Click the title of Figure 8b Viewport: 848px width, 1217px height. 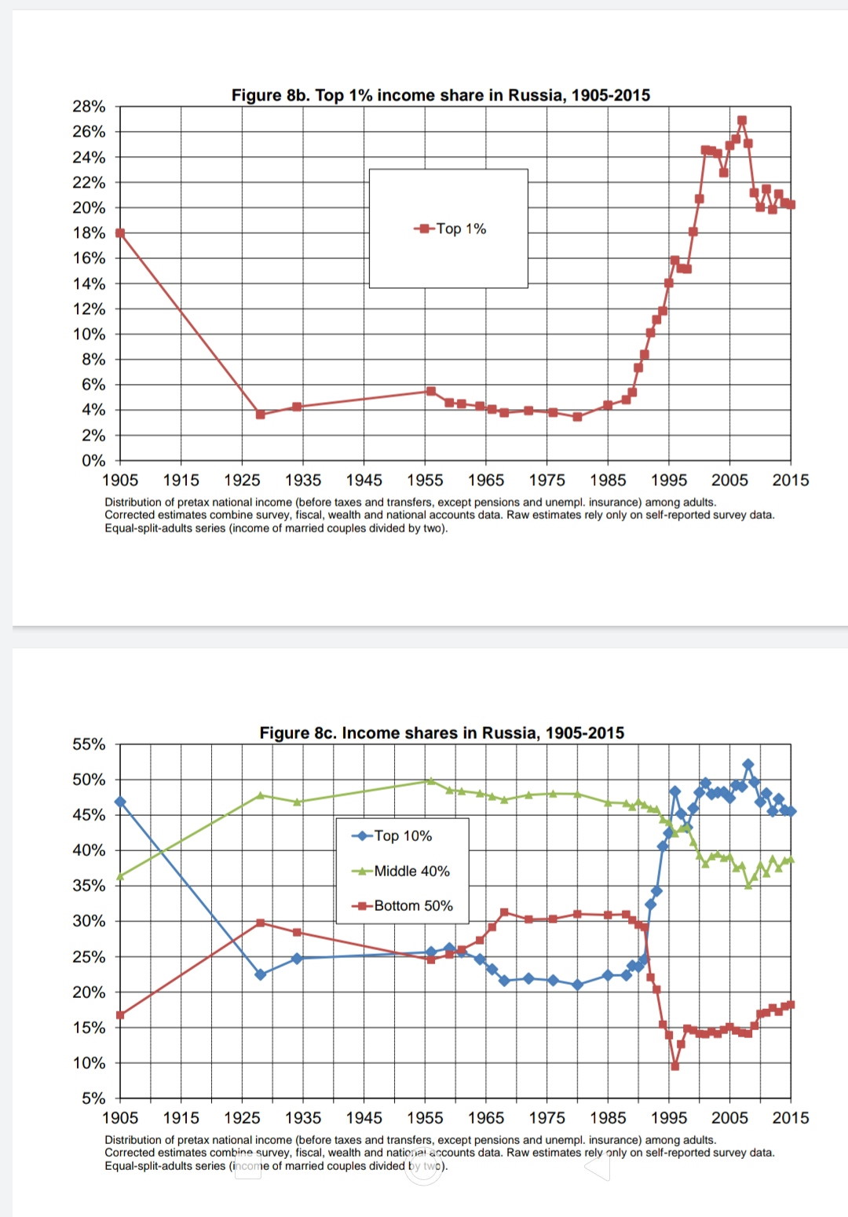440,95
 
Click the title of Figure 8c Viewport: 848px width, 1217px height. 441,733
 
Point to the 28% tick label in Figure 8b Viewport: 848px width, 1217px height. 89,107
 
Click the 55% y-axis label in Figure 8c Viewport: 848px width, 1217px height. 89,744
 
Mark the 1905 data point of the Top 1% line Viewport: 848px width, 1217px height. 120,233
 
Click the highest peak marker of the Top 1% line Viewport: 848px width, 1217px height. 742,121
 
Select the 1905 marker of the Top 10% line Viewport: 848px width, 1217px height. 120,802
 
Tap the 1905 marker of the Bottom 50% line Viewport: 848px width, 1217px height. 120,1015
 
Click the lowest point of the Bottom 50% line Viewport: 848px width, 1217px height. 674,1066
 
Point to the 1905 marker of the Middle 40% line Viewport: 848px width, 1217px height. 120,876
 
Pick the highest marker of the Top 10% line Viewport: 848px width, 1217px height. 747,764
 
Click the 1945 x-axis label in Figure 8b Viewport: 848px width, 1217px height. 364,480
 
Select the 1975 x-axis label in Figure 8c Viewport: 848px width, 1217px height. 546,1117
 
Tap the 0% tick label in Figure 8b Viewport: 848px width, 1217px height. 93,461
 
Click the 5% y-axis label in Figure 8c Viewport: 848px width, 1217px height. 93,1098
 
